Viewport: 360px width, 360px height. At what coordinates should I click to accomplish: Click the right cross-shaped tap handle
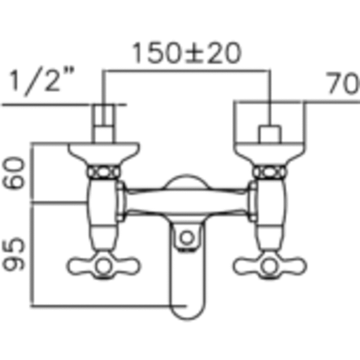271,265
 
